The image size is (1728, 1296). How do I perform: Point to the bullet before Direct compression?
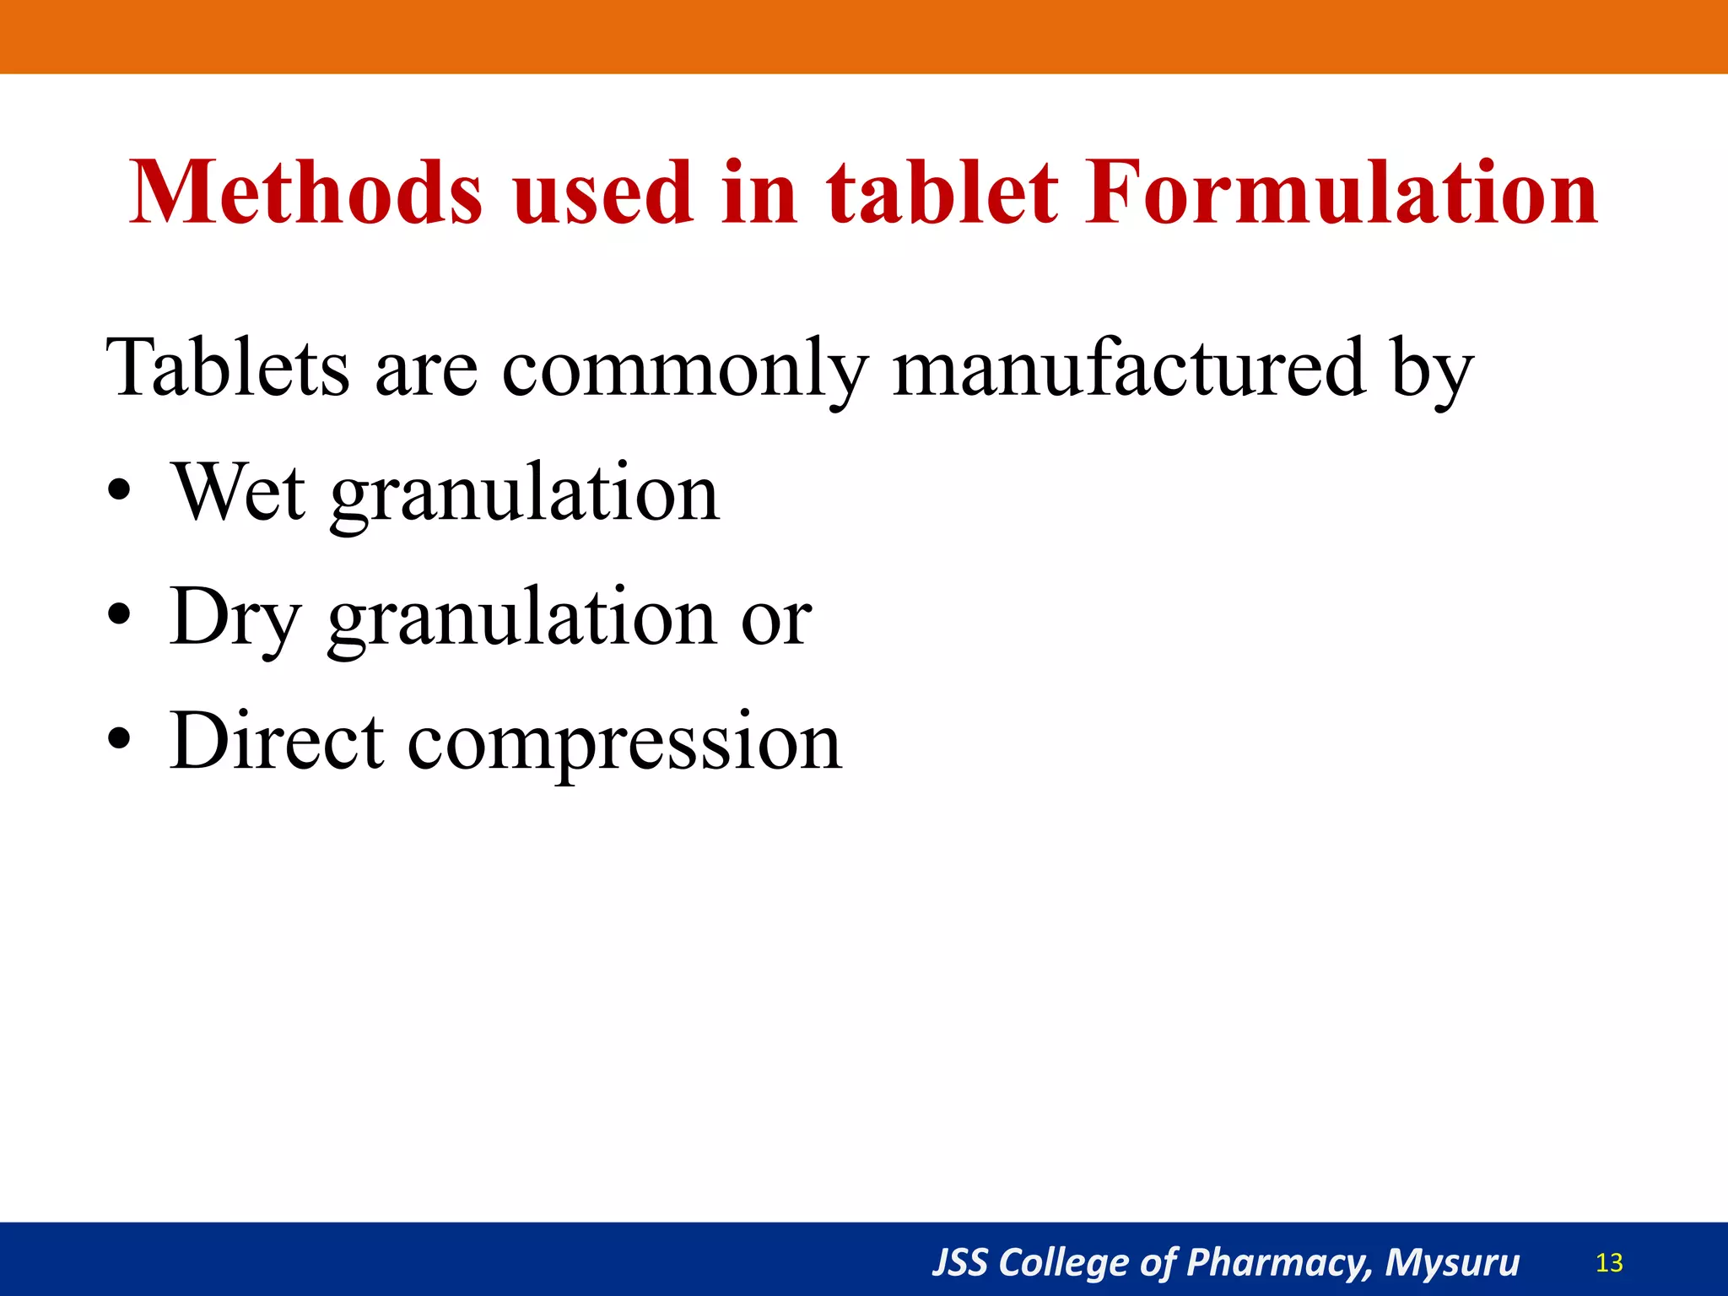tap(119, 740)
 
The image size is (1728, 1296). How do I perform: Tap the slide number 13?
tap(1609, 1262)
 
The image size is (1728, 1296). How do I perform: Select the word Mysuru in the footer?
tap(1452, 1263)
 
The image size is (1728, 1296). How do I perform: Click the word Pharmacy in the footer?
tap(1280, 1263)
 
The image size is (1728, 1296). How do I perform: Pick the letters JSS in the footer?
tap(960, 1263)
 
